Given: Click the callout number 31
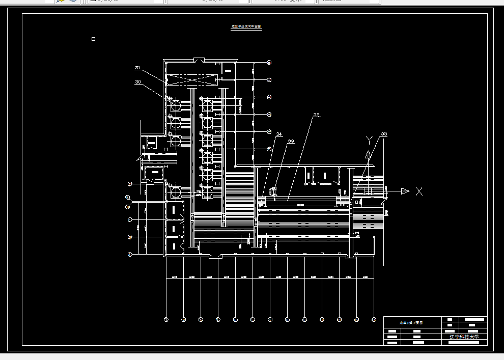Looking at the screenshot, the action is click(x=137, y=68).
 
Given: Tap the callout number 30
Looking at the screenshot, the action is click(x=137, y=81).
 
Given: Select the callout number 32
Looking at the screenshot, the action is click(x=316, y=115).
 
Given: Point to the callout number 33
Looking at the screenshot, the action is click(x=291, y=141).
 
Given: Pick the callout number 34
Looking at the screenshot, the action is click(x=278, y=134).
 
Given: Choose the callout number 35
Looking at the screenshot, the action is click(x=384, y=134).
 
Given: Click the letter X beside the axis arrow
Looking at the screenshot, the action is click(x=419, y=191).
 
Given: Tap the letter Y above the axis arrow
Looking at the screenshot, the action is click(x=369, y=140).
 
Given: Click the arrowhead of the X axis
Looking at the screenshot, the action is click(x=405, y=191).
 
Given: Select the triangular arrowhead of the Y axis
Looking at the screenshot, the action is click(x=368, y=154).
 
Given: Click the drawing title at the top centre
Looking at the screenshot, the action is click(x=246, y=27).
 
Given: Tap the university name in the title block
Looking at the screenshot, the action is click(x=464, y=337).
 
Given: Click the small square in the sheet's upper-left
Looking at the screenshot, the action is click(x=93, y=39).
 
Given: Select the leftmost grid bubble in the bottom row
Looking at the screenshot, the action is click(x=166, y=320).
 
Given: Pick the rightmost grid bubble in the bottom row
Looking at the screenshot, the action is click(x=374, y=320).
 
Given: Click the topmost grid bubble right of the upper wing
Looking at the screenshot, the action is click(x=269, y=62).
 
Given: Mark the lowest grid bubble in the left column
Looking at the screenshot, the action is click(x=130, y=254).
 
